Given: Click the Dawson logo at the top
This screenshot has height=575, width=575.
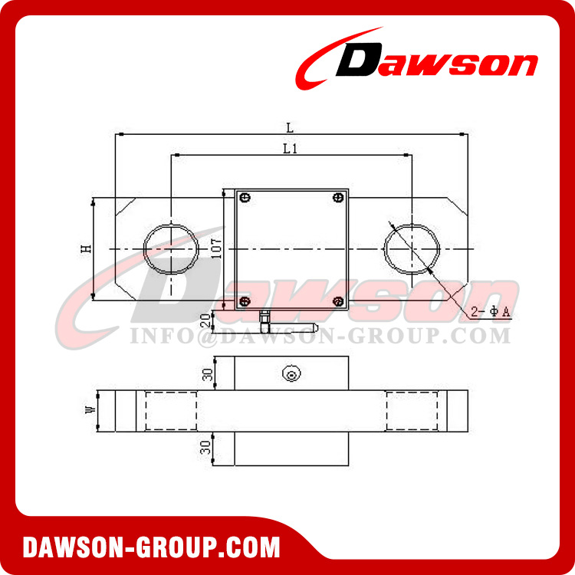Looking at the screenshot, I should pos(418,59).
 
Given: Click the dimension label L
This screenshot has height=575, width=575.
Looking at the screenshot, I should pos(290,127).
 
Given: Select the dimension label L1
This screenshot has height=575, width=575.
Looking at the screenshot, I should pos(290,149).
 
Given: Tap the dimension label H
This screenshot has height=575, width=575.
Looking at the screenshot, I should pos(87,249).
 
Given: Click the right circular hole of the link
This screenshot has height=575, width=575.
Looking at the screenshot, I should pos(412,249).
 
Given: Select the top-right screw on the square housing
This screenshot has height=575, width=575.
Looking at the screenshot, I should pos(338,199).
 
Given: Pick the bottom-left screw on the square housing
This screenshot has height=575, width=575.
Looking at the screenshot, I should pos(245,301).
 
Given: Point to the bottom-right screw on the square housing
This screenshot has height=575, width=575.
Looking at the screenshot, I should pos(338,301).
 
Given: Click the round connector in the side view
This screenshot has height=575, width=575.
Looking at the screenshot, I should pos(291,374).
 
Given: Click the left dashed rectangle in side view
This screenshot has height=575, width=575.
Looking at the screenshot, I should pos(170,412).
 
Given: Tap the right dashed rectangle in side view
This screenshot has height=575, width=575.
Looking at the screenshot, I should pos(412,412).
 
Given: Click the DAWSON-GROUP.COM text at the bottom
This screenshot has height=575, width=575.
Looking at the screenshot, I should pos(151,548).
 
